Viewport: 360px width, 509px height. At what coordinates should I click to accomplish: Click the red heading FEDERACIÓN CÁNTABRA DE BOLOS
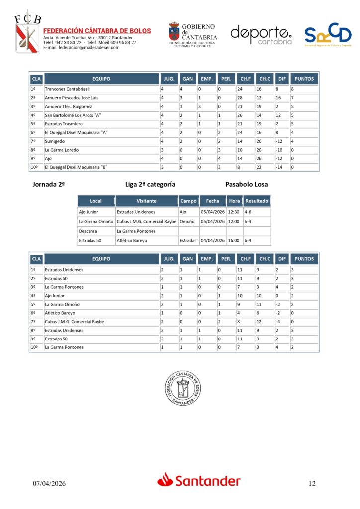click(x=97, y=31)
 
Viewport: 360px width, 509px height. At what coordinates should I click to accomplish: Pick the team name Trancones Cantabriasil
click(x=67, y=89)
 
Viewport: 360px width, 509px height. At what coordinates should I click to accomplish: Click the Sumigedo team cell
click(x=54, y=141)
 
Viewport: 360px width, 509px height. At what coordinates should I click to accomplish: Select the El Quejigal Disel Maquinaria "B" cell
click(x=77, y=167)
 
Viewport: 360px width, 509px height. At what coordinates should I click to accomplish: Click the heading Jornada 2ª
click(x=49, y=184)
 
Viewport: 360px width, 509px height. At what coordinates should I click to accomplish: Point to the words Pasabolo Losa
click(x=246, y=184)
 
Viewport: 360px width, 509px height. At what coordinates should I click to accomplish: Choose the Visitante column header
click(x=147, y=201)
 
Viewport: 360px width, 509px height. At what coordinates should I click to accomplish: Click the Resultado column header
click(x=257, y=201)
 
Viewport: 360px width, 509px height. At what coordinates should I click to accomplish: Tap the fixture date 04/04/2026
click(x=212, y=241)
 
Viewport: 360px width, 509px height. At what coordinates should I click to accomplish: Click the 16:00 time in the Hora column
click(x=234, y=241)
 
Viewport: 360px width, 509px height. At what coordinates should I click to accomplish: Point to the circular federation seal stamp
click(x=183, y=388)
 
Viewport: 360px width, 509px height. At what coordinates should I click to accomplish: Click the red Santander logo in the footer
click(x=199, y=481)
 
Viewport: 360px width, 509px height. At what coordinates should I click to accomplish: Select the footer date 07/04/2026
click(x=49, y=483)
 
